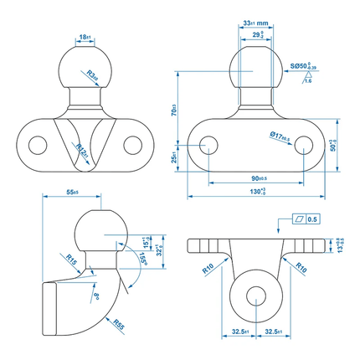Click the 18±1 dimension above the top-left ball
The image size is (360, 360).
(84, 38)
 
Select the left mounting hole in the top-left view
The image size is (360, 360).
(36, 145)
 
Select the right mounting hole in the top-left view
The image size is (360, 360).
(131, 145)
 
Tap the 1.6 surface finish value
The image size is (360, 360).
(308, 82)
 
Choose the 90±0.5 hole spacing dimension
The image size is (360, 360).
(256, 178)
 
